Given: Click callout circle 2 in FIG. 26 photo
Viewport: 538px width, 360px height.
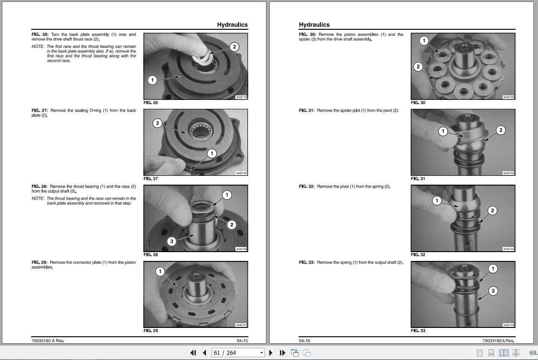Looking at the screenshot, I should pos(234,47).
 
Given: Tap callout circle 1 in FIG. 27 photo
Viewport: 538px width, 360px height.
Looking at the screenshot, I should pos(212,153).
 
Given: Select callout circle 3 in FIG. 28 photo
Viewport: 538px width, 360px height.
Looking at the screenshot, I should pos(172,241).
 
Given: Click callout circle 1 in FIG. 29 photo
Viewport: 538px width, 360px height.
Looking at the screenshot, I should pos(160,272).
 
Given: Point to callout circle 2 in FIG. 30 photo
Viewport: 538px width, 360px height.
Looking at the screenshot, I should pos(418,67).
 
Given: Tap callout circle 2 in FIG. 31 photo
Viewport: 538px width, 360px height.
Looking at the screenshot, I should pos(500,130).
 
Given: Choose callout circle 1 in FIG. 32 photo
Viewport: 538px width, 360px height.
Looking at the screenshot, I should pos(437,201).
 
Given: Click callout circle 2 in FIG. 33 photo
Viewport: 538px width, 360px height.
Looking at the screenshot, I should pos(493,291).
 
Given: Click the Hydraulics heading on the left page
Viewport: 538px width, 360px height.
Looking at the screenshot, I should pos(232,25).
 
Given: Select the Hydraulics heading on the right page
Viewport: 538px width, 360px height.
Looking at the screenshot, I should pos(314,25).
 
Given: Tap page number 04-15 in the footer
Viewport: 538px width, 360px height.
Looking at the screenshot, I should pos(242,340).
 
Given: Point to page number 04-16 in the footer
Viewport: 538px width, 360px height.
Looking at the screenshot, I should pos(305,340).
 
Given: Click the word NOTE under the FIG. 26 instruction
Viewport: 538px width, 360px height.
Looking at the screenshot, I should pos(38,47).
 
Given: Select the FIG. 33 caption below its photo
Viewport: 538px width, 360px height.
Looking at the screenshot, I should pos(418,331).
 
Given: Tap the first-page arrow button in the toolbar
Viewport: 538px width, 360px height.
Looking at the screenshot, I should pos(193,353).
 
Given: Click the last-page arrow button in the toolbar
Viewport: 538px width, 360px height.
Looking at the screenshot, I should pos(282,353).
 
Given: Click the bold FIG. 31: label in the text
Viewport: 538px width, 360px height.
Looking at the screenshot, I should pos(307,111).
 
